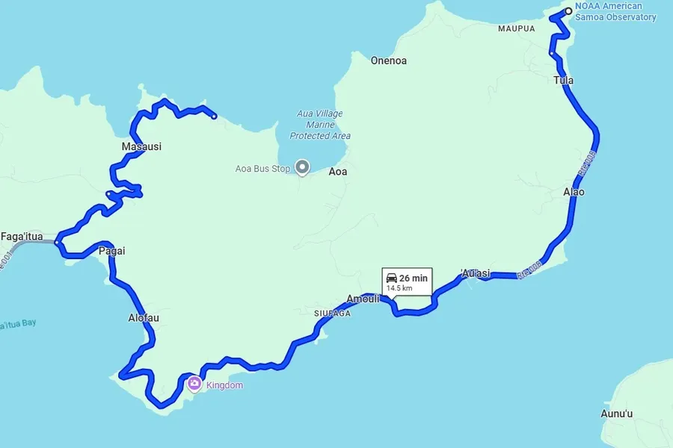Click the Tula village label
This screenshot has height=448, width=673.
point(564,80)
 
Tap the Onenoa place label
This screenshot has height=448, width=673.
point(389,60)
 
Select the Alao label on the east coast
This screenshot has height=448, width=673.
point(574,192)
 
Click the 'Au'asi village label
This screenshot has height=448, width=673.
point(476,273)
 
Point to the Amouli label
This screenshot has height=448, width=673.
point(364,298)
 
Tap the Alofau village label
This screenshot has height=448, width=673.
point(144,318)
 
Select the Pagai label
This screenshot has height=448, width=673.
point(112,251)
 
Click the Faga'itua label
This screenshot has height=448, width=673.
point(22,237)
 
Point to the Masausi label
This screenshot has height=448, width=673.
point(141,147)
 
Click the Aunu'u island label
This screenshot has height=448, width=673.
point(617,414)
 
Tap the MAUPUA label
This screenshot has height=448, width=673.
point(517,28)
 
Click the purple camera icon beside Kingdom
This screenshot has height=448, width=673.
point(194,384)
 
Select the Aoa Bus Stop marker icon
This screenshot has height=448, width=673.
point(302,167)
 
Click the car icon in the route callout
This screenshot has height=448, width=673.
point(391,278)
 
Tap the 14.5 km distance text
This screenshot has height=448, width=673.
point(399,287)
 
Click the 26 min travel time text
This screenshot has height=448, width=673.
point(414,278)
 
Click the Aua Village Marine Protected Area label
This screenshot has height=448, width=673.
point(320,125)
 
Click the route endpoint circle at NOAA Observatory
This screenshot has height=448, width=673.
point(568,10)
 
